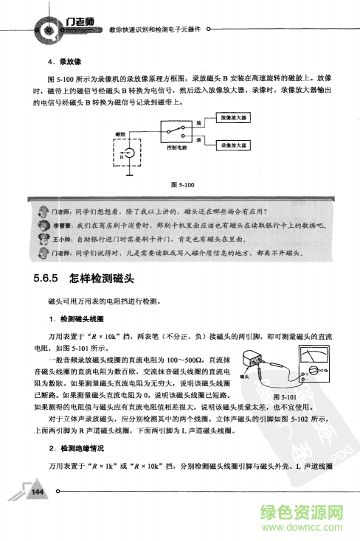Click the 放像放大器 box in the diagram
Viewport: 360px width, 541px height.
coord(234,117)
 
